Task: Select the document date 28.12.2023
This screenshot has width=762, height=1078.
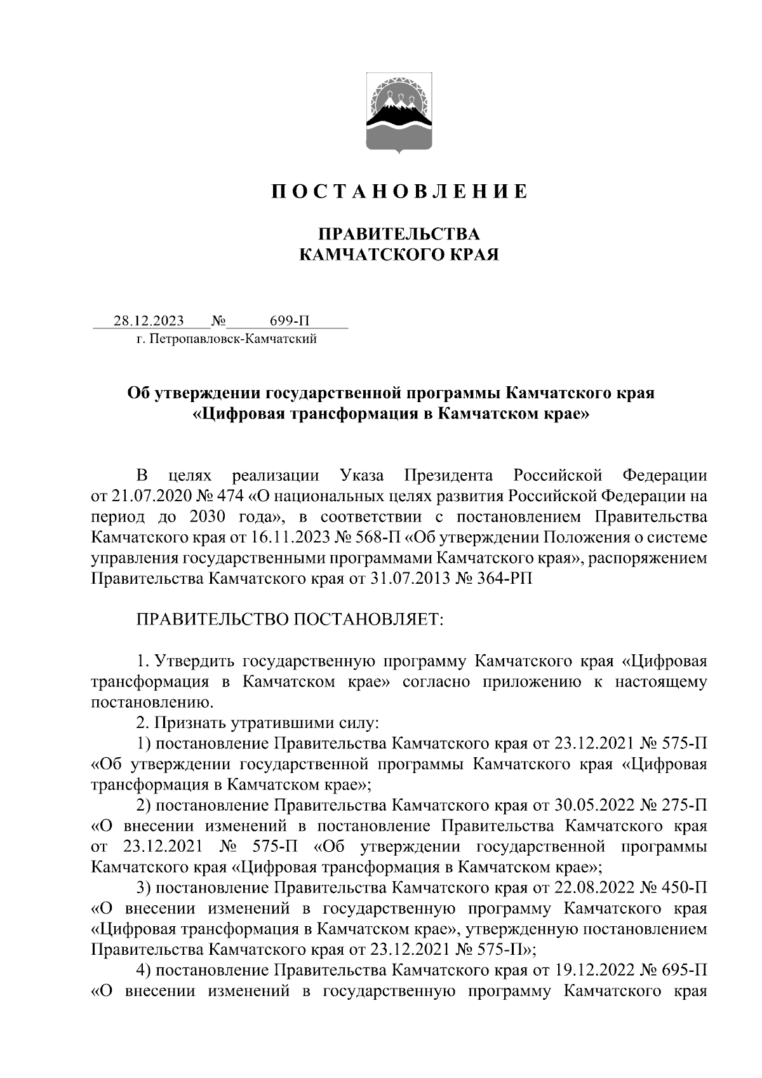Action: click(x=149, y=320)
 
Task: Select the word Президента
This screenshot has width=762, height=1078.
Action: click(x=449, y=475)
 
